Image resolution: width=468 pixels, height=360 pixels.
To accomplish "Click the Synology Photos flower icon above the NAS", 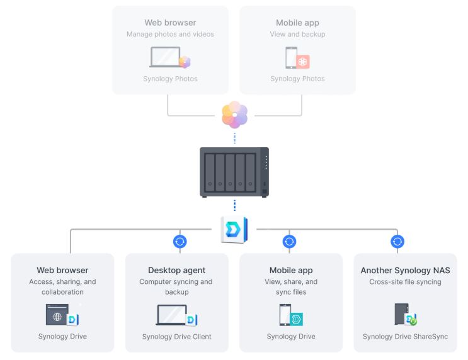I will [x=234, y=115].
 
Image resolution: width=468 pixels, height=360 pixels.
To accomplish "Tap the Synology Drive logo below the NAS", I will [x=234, y=230].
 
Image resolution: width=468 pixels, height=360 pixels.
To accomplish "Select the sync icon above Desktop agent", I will [x=180, y=241].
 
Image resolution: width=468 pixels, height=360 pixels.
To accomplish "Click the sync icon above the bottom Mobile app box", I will [x=290, y=241].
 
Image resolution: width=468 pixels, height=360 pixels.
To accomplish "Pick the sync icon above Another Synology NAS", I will [x=397, y=241].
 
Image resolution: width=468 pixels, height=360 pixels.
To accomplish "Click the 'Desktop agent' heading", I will [x=177, y=271].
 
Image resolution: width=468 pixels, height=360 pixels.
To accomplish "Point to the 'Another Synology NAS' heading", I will [x=405, y=271].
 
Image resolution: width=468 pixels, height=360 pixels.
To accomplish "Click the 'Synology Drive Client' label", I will [x=177, y=337].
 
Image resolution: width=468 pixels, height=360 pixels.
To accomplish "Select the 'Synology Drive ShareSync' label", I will [x=405, y=337].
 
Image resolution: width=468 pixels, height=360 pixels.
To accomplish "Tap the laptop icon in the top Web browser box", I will [x=166, y=57].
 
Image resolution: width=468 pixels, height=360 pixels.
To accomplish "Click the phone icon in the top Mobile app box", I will [x=291, y=58].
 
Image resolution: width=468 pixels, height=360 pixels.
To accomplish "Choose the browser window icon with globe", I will [x=57, y=315].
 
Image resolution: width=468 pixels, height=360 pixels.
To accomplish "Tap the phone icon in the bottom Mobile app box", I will [x=285, y=315].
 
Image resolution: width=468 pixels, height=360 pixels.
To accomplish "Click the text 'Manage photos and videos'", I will [x=170, y=35].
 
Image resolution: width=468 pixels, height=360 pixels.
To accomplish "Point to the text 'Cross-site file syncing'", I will [x=405, y=282].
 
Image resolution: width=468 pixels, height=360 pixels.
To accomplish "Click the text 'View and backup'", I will [x=297, y=35].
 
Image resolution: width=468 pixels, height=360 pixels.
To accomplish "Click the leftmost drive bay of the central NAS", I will [x=210, y=172].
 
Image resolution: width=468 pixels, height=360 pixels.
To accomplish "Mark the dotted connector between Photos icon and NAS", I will [x=234, y=137].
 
